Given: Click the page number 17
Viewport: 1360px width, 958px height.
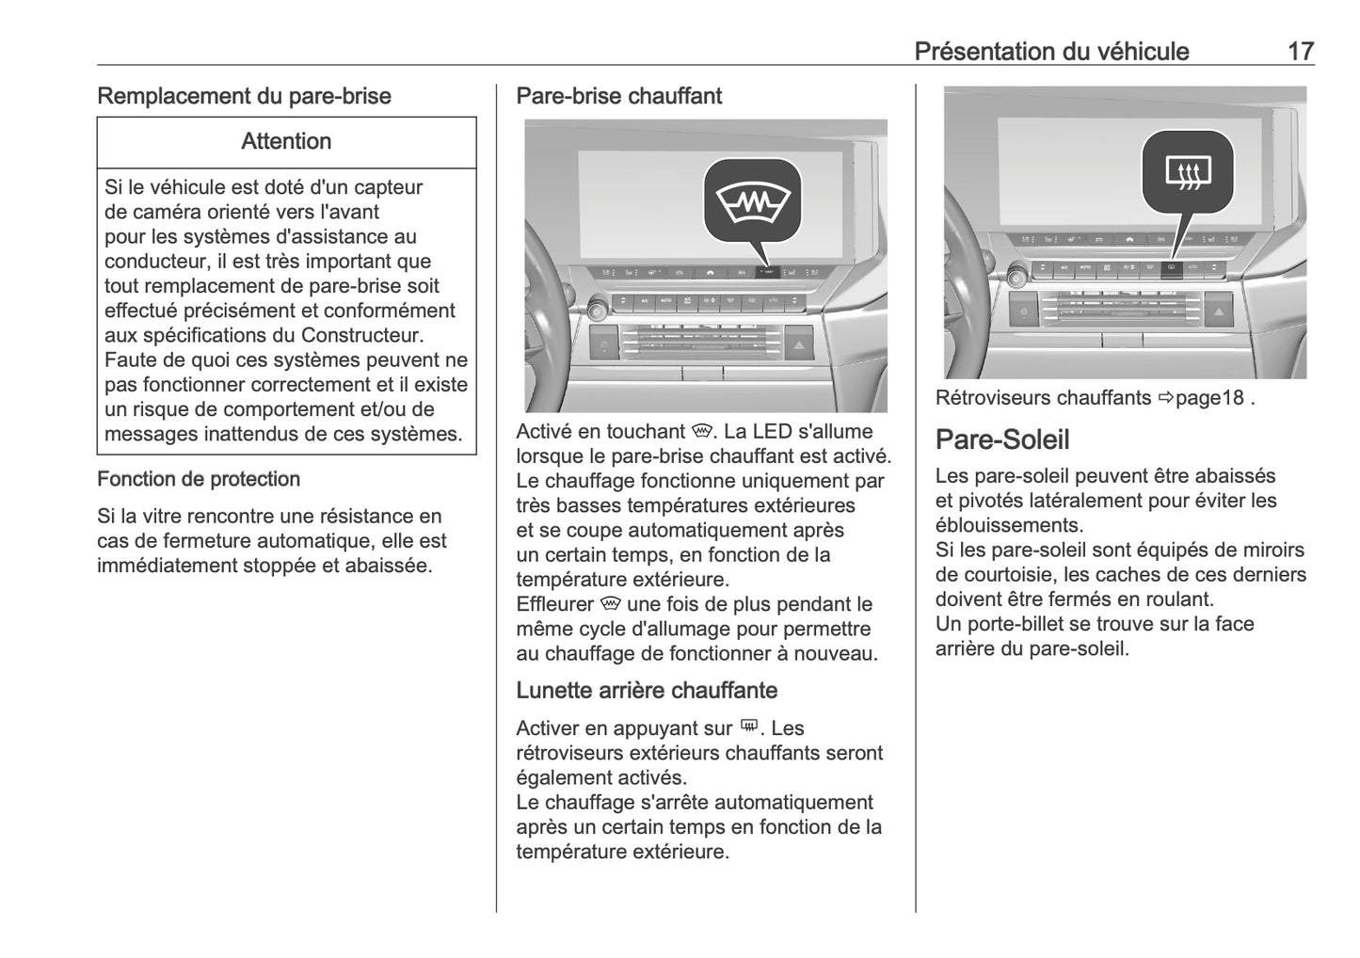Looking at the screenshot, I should pyautogui.click(x=1300, y=51).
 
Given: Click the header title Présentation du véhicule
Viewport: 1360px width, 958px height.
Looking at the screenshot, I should pyautogui.click(x=1051, y=51).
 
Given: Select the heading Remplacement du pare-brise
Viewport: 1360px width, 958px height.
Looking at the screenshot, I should pyautogui.click(x=244, y=96).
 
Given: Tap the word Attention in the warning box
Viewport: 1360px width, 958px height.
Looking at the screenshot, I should pyautogui.click(x=286, y=141).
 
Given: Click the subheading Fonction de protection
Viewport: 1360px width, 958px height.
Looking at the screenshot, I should pyautogui.click(x=199, y=479).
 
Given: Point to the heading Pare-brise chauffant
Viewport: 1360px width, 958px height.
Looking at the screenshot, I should pyautogui.click(x=618, y=96).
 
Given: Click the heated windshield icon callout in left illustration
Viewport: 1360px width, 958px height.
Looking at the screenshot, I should pyautogui.click(x=752, y=202).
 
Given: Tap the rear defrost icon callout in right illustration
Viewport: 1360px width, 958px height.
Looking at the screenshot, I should pyautogui.click(x=1188, y=172).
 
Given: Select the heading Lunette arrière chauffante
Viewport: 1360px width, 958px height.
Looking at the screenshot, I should pyautogui.click(x=647, y=690).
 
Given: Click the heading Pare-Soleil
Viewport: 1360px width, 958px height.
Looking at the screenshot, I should pyautogui.click(x=1002, y=439).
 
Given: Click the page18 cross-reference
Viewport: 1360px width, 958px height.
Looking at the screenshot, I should pyautogui.click(x=1209, y=398).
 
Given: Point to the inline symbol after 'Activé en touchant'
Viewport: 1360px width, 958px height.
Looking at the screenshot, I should pyautogui.click(x=700, y=431).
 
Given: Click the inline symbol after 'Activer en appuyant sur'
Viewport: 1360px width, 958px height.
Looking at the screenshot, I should pyautogui.click(x=749, y=726).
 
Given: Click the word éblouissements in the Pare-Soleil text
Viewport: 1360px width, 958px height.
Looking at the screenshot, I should pyautogui.click(x=1009, y=525).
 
